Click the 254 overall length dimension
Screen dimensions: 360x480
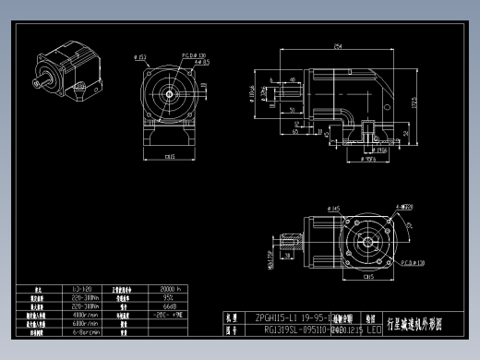(x=339, y=45)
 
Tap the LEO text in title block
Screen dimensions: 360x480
(x=373, y=328)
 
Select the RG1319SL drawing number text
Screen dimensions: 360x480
(x=286, y=328)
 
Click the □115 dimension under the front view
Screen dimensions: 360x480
(x=171, y=157)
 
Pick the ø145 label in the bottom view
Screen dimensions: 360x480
(x=332, y=209)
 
